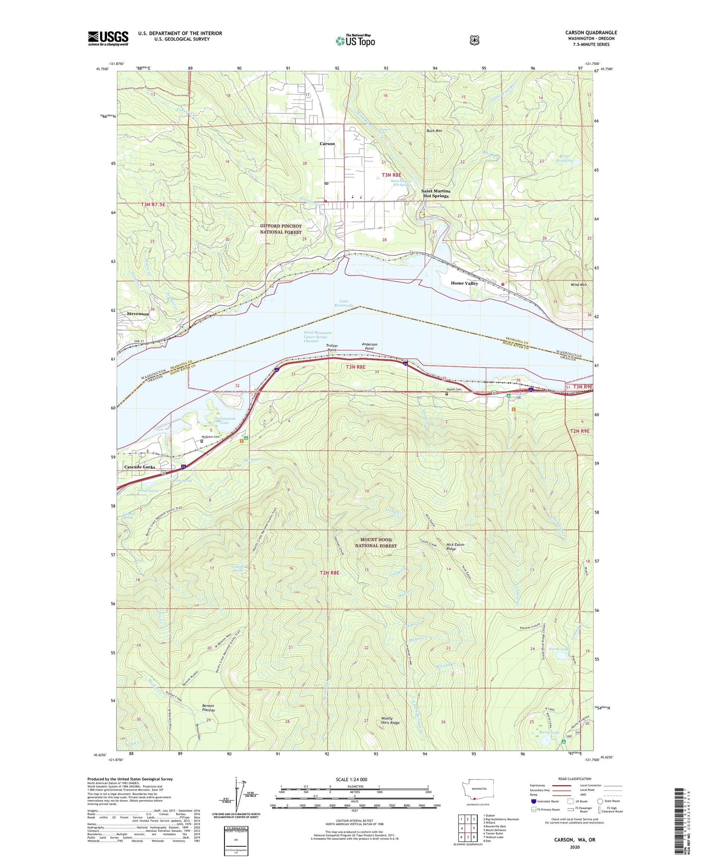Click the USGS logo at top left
pos(108,38)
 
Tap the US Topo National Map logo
pos(355,40)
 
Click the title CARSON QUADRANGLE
pos(591,33)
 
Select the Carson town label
pos(327,144)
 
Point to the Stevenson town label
pos(138,314)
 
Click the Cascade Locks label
pos(139,467)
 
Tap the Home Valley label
pos(464,283)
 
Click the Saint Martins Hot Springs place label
pos(436,193)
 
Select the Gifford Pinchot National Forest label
pos(280,229)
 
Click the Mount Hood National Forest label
pos(376,542)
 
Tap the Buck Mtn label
pos(434,131)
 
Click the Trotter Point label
pos(332,348)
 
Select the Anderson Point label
pos(369,346)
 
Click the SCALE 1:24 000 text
pos(351,779)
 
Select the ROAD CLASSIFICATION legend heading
pos(574,779)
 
